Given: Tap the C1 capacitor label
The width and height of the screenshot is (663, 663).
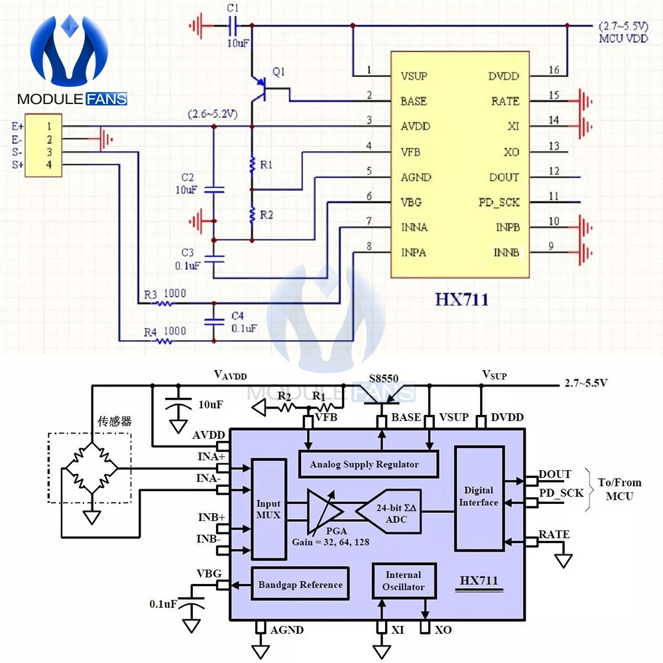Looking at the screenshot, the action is coord(233,7).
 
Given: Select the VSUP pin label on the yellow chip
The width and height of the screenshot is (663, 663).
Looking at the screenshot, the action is coord(414,76).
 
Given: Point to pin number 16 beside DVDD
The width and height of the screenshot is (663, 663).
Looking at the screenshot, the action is coord(554,70).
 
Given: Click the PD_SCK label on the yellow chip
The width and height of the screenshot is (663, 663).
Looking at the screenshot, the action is coord(499,202).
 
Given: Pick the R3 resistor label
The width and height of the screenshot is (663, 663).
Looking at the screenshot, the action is coord(150,294).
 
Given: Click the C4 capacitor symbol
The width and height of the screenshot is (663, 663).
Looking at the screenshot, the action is coord(214,322).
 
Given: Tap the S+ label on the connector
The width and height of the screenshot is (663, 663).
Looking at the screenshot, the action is coord(17,164).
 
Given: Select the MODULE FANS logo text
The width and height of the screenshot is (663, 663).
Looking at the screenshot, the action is coord(72,99).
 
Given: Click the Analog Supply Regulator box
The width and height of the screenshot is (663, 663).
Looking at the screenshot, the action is coord(368,464).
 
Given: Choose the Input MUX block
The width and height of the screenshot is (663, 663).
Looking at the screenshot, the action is coord(269,509).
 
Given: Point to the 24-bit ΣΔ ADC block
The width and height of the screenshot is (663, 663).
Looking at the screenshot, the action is coord(389,512).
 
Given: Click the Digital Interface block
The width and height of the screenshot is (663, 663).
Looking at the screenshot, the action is coord(479,499).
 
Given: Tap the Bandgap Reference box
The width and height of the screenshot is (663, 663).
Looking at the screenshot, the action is coord(300,584).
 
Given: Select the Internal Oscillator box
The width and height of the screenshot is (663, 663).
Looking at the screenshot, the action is coord(404,581).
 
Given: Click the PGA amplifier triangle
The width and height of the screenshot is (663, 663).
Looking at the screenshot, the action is coord(324,512).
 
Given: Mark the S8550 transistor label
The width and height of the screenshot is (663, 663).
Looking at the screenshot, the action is coord(383,379).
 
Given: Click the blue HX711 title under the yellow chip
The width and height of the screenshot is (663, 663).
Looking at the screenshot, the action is coord(461,300).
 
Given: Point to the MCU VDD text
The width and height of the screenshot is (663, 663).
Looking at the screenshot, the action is coord(623,38).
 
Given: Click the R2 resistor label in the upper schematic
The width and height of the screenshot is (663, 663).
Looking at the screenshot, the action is coord(267,215).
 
